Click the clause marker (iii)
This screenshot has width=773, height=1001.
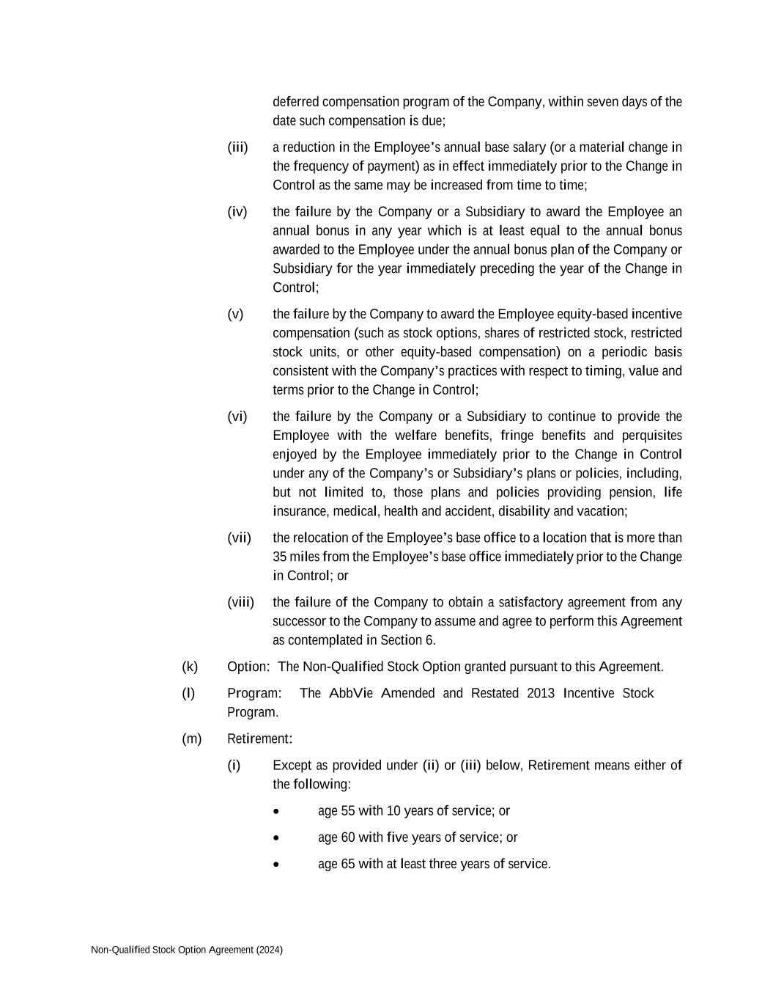point(237,147)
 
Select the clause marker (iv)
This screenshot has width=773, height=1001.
point(237,212)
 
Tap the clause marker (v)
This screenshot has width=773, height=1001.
point(235,315)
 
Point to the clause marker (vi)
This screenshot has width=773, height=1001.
point(237,417)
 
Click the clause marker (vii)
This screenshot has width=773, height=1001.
point(239,538)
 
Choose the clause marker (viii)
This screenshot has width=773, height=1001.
point(240,603)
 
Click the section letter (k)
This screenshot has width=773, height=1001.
point(190,667)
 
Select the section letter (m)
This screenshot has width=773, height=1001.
point(191,739)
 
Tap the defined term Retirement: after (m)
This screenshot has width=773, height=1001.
point(260,739)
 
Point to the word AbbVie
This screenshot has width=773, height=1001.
point(351,694)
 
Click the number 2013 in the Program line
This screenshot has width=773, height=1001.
point(541,694)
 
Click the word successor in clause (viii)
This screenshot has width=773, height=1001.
point(300,622)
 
